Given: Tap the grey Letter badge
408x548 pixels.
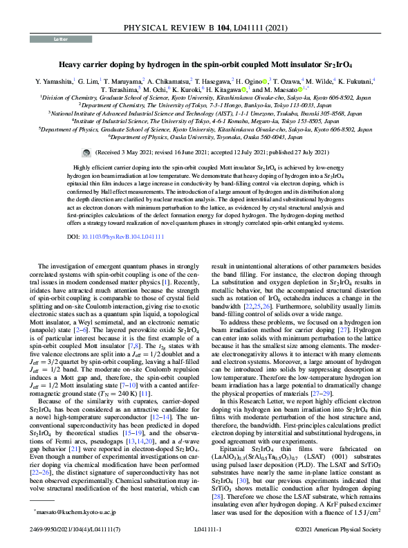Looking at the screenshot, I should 61,39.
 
